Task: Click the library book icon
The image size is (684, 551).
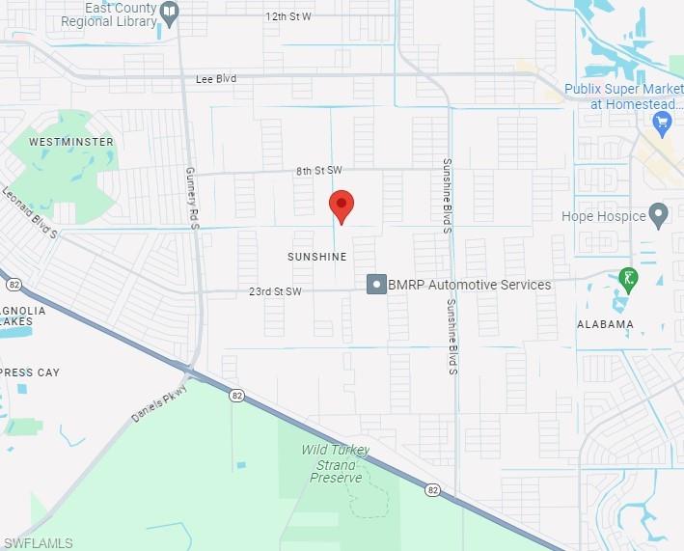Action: tap(171, 13)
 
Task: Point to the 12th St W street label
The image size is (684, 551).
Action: tap(288, 16)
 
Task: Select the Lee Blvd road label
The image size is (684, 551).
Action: tap(215, 78)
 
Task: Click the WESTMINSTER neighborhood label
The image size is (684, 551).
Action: tap(71, 142)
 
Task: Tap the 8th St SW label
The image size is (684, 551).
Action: tap(319, 171)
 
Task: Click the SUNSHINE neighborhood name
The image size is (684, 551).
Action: tap(316, 257)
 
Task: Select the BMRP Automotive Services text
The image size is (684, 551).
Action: tap(470, 285)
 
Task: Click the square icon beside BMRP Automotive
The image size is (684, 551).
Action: tap(375, 285)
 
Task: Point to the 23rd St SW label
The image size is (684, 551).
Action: tap(275, 290)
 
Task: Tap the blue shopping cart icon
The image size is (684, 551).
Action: tap(662, 123)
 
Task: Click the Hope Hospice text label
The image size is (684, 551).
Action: tap(604, 216)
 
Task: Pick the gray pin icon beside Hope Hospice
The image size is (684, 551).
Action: tap(659, 214)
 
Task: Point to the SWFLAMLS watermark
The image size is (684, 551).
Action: tap(37, 543)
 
